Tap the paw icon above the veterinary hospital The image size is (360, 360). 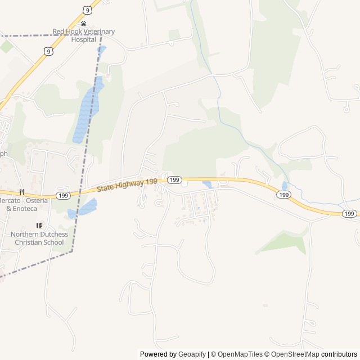coord(83,24)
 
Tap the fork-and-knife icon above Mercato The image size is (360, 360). coord(21,192)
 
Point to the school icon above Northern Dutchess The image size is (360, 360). coord(39,226)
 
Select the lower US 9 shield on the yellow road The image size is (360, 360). coord(49,51)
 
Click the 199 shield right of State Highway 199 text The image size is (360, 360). coord(174,179)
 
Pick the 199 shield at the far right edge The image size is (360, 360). coord(349,214)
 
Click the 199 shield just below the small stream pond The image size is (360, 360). coord(284,195)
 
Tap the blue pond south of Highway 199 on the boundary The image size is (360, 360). coord(83,209)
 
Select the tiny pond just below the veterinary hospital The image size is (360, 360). coord(102,49)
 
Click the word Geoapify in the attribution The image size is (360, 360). coord(192,354)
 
